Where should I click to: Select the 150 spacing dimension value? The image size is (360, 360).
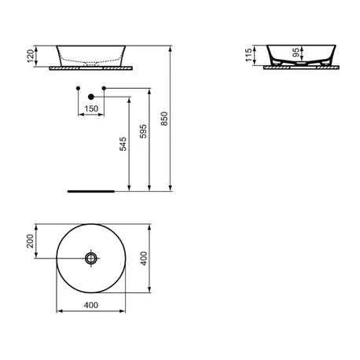pyautogui.click(x=91, y=108)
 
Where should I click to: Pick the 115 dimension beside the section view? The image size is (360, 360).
pyautogui.click(x=249, y=53)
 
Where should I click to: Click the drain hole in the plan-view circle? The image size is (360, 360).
pyautogui.click(x=92, y=258)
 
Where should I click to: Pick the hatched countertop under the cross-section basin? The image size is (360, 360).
pyautogui.click(x=302, y=68)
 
